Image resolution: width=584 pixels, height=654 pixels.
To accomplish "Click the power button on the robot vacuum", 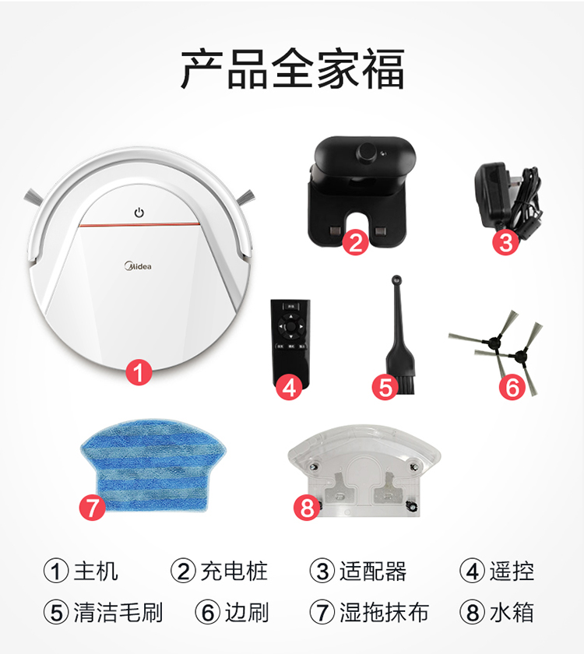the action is [x=139, y=213].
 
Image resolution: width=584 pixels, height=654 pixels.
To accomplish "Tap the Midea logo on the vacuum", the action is [x=138, y=265].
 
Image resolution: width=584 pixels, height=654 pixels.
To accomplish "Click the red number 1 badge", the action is [x=139, y=372].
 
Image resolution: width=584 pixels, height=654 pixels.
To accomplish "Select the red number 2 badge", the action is [x=355, y=242].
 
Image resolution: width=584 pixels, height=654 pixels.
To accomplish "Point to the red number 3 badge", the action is [x=505, y=242].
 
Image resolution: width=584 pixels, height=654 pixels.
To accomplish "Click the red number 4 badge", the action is [x=289, y=388].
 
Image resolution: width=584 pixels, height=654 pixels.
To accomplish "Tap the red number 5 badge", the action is [x=385, y=388].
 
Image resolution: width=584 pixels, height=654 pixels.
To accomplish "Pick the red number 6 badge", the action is [x=512, y=388].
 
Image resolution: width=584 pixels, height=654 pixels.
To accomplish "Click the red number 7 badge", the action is [x=92, y=508].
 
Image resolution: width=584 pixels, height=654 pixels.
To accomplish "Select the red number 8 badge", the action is [x=307, y=508].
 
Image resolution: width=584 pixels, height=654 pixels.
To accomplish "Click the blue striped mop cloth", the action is [x=153, y=465].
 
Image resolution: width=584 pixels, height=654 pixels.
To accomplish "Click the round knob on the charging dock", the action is [x=367, y=152].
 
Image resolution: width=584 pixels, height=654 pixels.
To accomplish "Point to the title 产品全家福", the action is [x=293, y=69].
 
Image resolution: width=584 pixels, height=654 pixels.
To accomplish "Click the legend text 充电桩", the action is [x=234, y=571].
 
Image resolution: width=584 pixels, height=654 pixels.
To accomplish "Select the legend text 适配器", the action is [x=373, y=571].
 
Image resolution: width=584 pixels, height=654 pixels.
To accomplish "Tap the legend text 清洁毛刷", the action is [x=118, y=612].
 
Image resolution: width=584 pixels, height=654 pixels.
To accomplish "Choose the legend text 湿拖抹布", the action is [x=384, y=612].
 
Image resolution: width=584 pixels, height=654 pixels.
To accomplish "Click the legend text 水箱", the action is [x=512, y=612].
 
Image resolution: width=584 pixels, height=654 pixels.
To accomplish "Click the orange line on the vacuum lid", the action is [x=139, y=225].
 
